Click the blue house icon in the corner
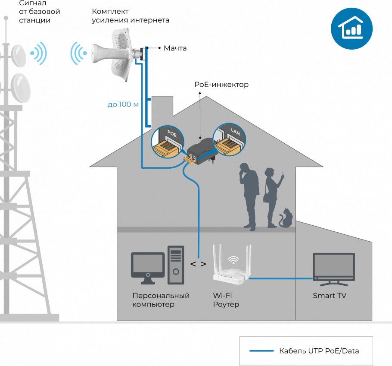352,28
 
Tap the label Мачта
175,48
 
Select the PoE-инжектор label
221,85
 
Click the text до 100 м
123,104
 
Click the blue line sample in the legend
261,350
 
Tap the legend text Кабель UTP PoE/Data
319,350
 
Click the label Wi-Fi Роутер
226,300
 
